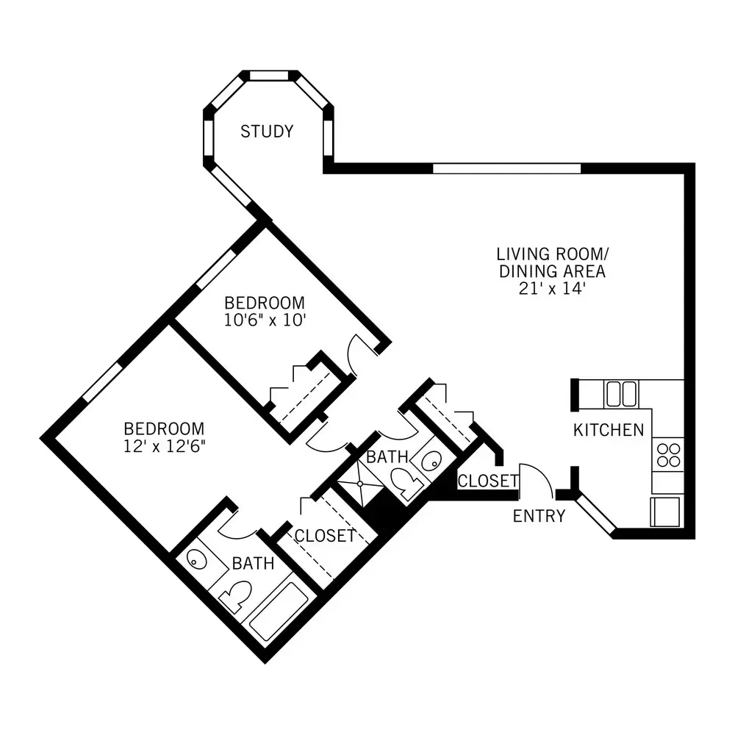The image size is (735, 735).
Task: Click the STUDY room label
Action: [x=267, y=132]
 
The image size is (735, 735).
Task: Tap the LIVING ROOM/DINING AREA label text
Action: [x=552, y=262]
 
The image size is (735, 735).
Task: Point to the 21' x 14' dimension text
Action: [x=552, y=288]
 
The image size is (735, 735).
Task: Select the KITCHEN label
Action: [x=609, y=430]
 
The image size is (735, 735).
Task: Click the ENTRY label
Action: [x=539, y=516]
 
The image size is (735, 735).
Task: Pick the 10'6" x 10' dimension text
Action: [x=265, y=320]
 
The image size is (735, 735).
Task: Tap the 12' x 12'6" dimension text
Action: [x=164, y=446]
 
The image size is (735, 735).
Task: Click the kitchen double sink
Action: [x=622, y=394]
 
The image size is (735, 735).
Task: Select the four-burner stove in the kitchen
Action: [x=668, y=455]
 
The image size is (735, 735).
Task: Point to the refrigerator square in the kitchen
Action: [x=665, y=512]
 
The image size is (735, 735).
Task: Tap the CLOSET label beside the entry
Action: [x=488, y=481]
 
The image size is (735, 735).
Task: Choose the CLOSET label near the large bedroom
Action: [x=325, y=535]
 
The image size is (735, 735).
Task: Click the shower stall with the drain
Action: [x=360, y=484]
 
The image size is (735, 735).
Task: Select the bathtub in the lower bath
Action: [x=279, y=612]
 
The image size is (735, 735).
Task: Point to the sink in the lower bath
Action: [x=197, y=559]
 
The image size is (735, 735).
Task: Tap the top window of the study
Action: [x=268, y=76]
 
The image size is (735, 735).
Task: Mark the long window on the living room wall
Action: [x=506, y=168]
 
